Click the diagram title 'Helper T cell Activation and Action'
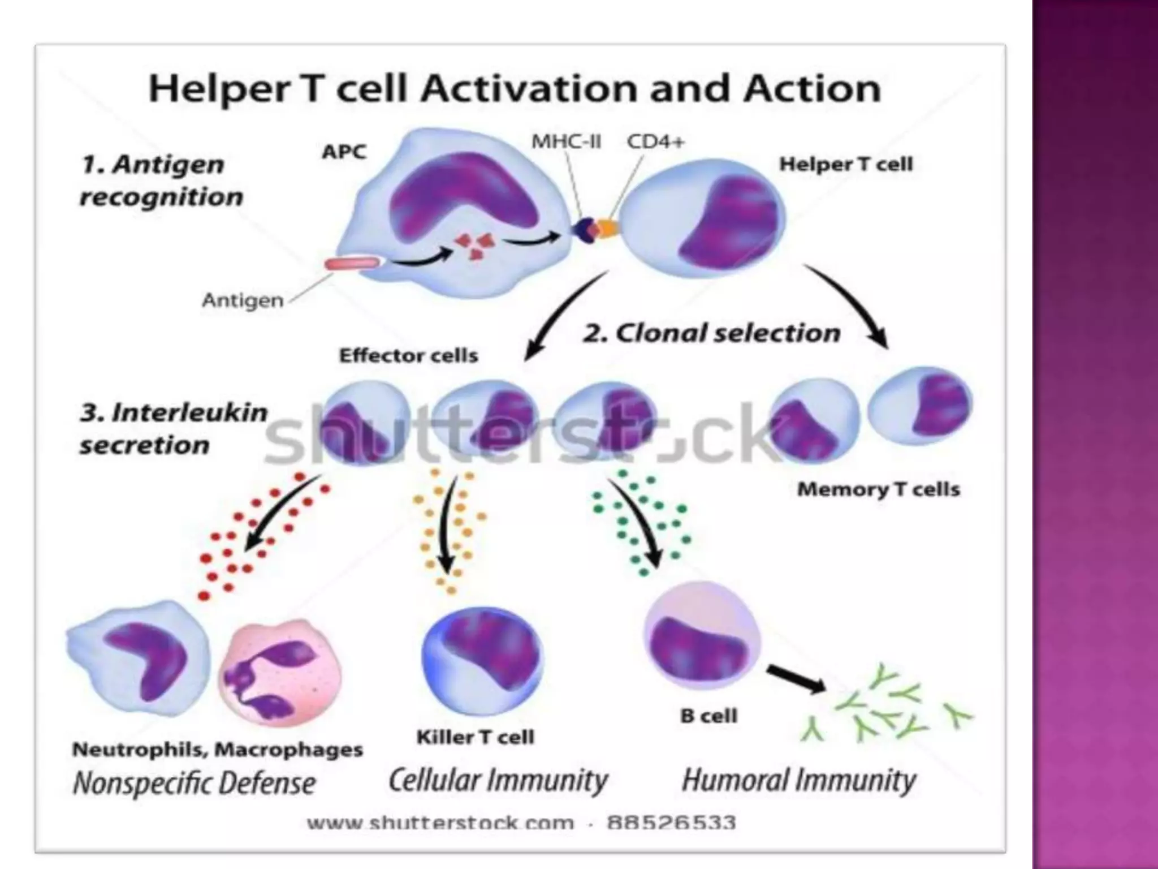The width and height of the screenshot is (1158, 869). tap(515, 89)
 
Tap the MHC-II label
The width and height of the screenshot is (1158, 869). tap(566, 141)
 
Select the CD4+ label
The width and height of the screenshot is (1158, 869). tap(656, 141)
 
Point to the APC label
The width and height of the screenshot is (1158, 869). tap(344, 152)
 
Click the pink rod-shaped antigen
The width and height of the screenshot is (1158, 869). tap(352, 264)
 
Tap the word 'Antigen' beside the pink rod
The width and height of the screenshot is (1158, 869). tap(243, 300)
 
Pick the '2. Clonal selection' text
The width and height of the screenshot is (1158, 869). tap(712, 333)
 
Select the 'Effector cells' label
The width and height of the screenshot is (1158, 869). tap(408, 355)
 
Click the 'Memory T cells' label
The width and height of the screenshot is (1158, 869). tap(879, 489)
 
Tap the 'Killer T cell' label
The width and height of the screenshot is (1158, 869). tap(475, 737)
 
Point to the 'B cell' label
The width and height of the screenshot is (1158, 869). tap(709, 716)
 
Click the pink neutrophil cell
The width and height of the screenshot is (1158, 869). tap(279, 673)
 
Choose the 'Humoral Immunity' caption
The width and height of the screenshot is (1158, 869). tap(799, 781)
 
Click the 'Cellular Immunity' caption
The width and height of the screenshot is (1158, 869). tap(498, 781)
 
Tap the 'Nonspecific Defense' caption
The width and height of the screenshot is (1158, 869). tap(195, 784)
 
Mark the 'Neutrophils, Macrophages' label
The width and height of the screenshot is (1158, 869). tap(218, 750)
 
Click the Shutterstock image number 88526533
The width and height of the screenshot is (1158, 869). tap(671, 822)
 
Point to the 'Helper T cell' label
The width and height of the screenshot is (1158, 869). tap(846, 164)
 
